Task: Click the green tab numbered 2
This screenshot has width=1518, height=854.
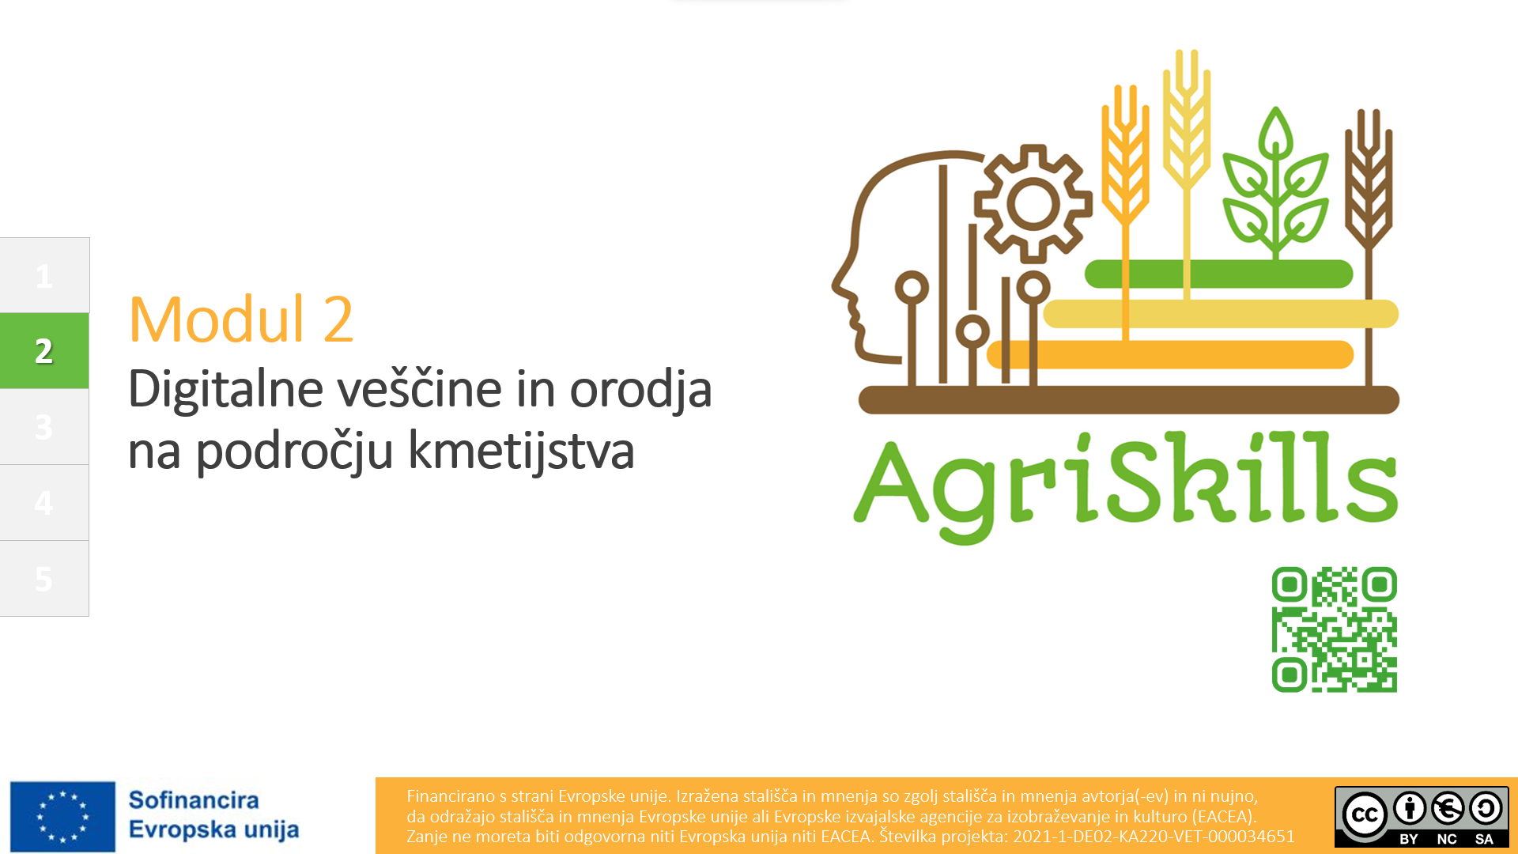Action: click(x=44, y=350)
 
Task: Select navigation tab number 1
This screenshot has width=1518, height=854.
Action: click(x=44, y=275)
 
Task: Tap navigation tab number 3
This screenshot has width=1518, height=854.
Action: click(x=44, y=426)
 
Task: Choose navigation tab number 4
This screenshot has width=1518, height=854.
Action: click(x=44, y=502)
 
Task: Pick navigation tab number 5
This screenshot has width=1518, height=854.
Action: click(x=44, y=578)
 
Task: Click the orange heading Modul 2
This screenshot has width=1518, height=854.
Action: click(x=241, y=319)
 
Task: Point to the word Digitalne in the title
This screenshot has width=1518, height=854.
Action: click(x=226, y=389)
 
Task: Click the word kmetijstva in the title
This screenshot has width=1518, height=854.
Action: click(x=521, y=452)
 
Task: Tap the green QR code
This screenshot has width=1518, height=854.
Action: click(x=1335, y=629)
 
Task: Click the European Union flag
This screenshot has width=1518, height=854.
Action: click(x=62, y=817)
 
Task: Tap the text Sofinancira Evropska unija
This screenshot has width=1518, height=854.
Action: click(x=213, y=814)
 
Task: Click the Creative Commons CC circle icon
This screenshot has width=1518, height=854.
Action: click(x=1365, y=814)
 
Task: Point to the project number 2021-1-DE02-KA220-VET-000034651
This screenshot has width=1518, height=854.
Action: click(x=1154, y=837)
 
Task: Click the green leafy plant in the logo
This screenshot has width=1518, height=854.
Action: click(x=1275, y=182)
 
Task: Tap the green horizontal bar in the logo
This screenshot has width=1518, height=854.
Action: click(x=1218, y=274)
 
